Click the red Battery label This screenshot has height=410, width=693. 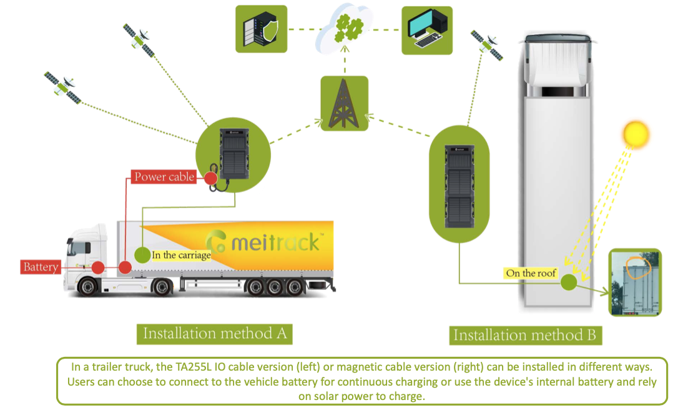41,267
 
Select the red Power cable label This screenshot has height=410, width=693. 164,177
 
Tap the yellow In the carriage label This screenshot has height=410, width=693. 180,255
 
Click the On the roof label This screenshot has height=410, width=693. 531,273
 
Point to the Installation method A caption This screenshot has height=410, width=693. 215,333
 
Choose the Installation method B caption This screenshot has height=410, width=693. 524,335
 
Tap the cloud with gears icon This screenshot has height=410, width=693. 344,29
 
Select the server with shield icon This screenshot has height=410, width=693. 261,29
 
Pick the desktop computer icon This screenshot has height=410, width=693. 427,29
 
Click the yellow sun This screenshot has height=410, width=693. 636,134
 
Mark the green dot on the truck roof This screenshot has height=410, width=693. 568,282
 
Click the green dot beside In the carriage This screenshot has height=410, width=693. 143,255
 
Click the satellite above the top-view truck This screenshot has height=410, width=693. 486,45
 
